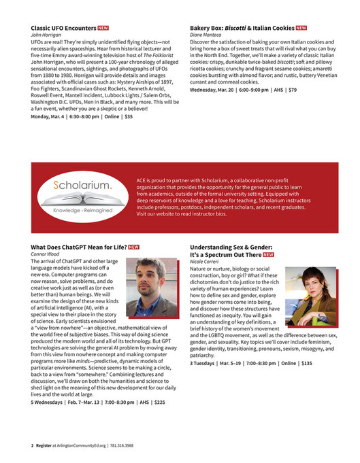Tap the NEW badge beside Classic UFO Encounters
point(103,29)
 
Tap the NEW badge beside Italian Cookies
point(301,29)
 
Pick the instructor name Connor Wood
point(46,254)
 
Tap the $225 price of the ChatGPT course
point(160,402)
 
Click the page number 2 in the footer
point(32,445)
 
